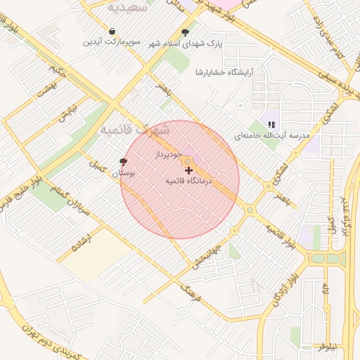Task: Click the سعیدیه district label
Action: (x=127, y=7)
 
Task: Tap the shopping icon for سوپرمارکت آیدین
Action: (x=112, y=32)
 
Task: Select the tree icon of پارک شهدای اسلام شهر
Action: (x=185, y=32)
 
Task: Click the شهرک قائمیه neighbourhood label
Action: (x=135, y=130)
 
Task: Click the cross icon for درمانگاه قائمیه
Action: (x=188, y=170)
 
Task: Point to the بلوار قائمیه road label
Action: (x=279, y=236)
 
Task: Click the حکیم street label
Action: (x=57, y=70)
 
